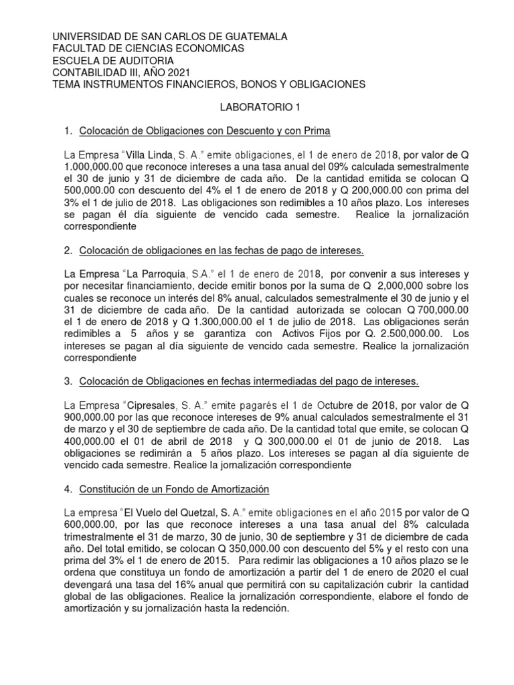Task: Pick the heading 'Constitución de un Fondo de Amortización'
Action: pyautogui.click(x=174, y=489)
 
